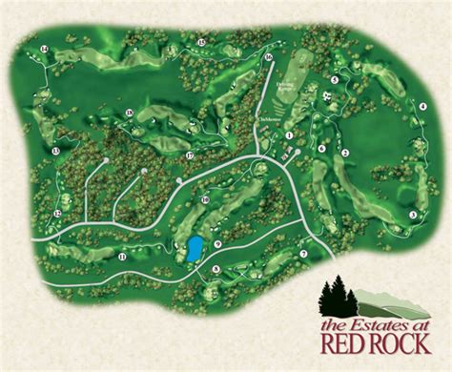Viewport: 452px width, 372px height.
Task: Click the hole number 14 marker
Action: click(x=44, y=49)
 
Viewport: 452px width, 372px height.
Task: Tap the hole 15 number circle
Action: click(x=201, y=43)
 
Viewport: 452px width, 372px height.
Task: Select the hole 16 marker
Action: click(x=269, y=57)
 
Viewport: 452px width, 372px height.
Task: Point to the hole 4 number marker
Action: click(x=421, y=107)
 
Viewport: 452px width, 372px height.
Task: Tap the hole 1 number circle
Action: click(x=288, y=135)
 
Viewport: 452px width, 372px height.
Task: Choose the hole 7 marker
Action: click(x=303, y=254)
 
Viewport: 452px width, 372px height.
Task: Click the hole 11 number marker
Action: click(x=122, y=257)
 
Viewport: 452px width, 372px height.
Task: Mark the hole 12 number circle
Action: click(x=58, y=214)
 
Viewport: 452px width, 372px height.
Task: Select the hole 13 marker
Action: click(x=56, y=152)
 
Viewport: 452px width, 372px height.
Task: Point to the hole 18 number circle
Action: click(x=129, y=114)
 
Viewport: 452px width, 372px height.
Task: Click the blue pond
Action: click(x=195, y=249)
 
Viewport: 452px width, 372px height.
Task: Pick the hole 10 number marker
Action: click(x=205, y=199)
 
